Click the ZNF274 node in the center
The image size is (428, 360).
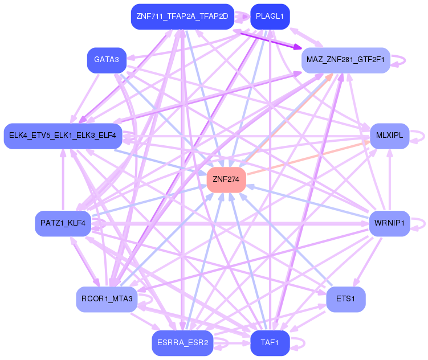[226, 179]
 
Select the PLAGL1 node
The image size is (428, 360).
[270, 17]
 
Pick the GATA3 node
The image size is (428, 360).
[107, 60]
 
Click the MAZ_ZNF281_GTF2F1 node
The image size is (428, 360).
[345, 60]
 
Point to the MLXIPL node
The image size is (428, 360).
[390, 136]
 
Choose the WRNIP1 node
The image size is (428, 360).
[389, 223]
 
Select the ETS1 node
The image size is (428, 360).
[345, 299]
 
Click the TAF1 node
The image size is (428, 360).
[270, 343]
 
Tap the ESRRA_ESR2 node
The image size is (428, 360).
[182, 343]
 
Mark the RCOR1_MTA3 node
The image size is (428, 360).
[107, 299]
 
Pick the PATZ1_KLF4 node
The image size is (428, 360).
[63, 223]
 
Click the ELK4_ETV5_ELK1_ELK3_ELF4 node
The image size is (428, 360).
[63, 136]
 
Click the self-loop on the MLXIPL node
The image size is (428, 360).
[420, 136]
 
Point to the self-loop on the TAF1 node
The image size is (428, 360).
[300, 343]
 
